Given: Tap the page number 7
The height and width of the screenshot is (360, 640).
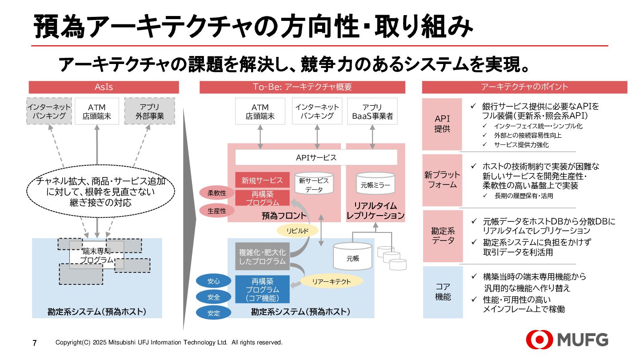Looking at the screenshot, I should tap(35, 343).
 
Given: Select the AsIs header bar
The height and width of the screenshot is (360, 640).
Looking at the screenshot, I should tap(104, 87).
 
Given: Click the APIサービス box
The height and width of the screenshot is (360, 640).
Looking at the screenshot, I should tap(316, 157).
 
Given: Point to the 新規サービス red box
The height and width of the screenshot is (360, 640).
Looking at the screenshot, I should tap(262, 180).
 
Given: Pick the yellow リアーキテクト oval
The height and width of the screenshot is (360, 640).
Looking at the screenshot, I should tap(332, 281).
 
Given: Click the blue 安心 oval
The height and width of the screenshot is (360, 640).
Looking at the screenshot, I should tap(214, 281).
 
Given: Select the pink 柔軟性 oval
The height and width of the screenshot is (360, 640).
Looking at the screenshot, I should tap(217, 193).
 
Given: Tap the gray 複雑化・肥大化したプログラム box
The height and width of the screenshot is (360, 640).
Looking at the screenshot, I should tap(262, 257).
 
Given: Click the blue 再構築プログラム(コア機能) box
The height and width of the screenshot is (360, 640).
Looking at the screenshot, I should tap(262, 289).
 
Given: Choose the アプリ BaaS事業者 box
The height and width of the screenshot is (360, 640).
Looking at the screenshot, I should tap(372, 112).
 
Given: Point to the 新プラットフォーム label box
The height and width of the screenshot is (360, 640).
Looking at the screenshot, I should tap(442, 180).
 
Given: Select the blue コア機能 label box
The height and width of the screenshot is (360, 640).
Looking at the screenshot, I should tap(443, 292).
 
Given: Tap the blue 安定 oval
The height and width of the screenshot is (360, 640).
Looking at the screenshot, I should tap(214, 313).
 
